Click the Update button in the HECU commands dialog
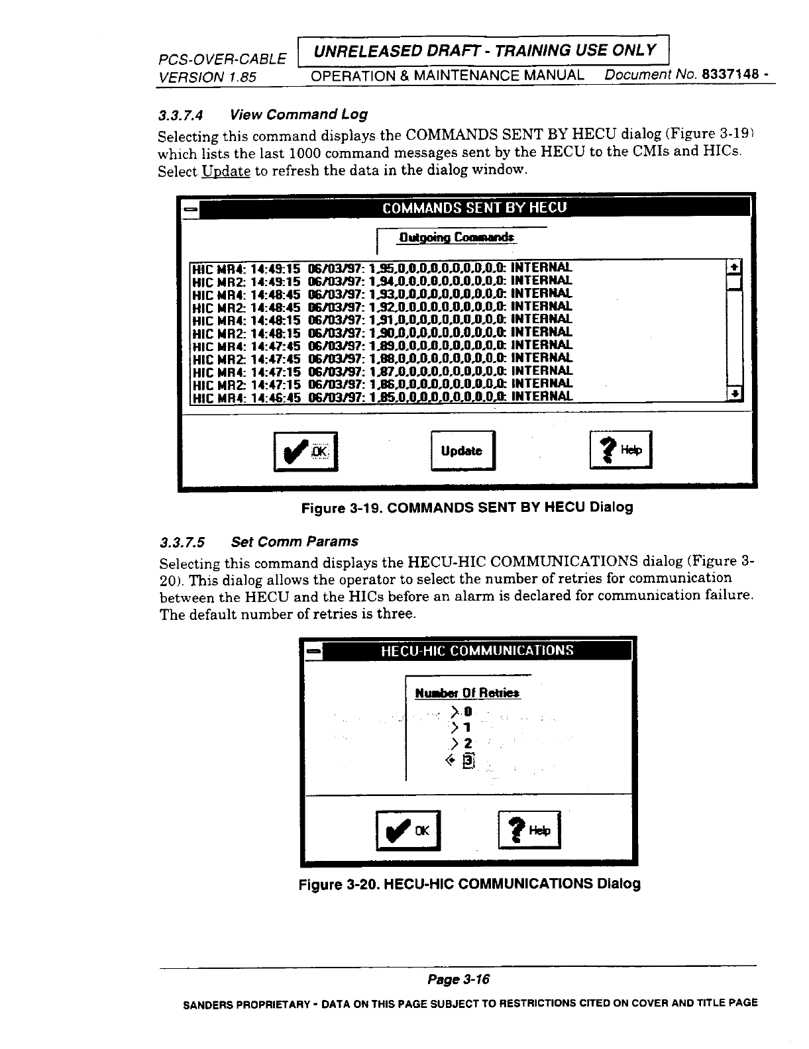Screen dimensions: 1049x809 click(x=462, y=451)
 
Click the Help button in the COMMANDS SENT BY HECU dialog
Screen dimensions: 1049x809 click(x=621, y=450)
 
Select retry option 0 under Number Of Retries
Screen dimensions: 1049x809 click(x=460, y=713)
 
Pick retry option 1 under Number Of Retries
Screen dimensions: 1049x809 click(x=460, y=728)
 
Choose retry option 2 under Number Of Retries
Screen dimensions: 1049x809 click(x=460, y=744)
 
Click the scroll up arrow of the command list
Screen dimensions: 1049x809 click(x=733, y=267)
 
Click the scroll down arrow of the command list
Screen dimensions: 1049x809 click(x=733, y=395)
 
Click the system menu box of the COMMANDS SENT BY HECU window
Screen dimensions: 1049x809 click(x=190, y=208)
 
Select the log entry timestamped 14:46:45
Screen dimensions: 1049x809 click(x=381, y=397)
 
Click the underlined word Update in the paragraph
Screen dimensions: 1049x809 click(x=226, y=172)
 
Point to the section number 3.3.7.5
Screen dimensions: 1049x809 click(x=182, y=542)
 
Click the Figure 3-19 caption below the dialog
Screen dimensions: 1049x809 click(x=467, y=507)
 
